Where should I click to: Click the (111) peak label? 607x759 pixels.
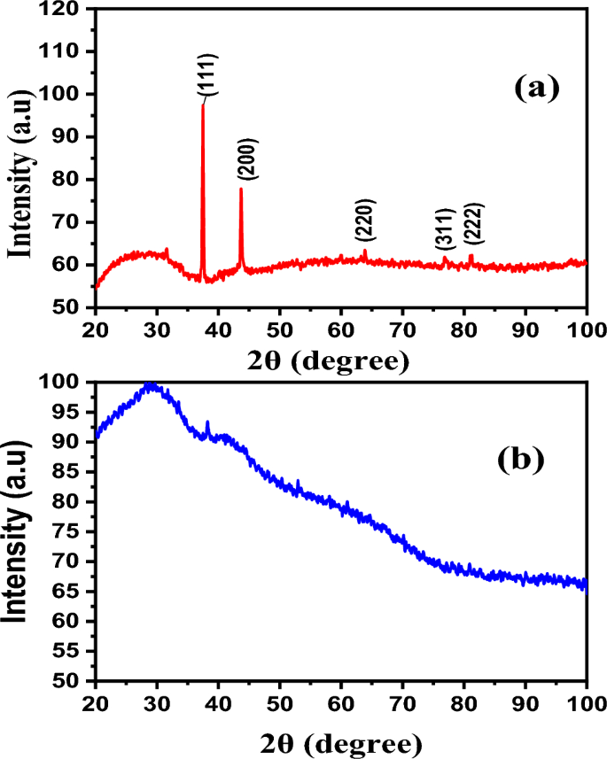tap(211, 74)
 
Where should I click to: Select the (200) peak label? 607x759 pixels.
tap(248, 159)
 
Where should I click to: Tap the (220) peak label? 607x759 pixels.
tap(366, 221)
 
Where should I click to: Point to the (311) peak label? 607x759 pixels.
tap(444, 229)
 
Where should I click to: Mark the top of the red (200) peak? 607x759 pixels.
tap(240, 189)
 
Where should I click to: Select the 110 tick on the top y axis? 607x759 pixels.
tap(66, 52)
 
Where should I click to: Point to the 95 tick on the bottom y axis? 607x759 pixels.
tap(71, 412)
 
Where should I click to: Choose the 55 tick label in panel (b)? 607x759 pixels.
tap(71, 652)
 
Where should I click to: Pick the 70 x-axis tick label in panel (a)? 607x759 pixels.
tap(402, 329)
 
